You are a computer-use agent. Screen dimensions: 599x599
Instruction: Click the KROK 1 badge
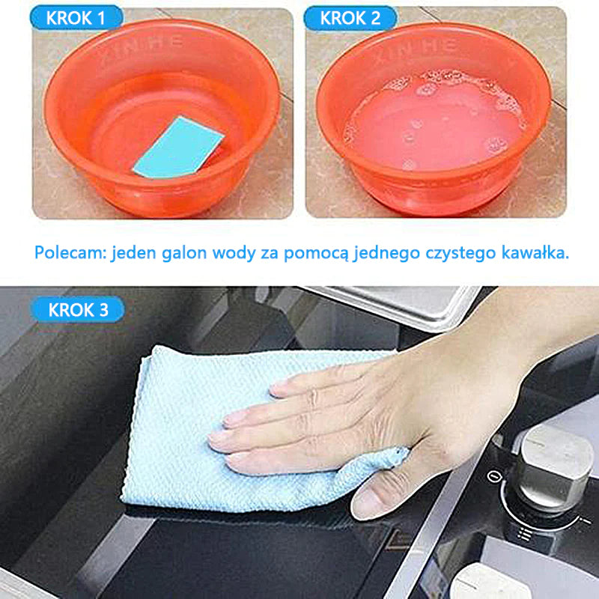tap(76, 17)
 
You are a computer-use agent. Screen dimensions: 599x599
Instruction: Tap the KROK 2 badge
tap(350, 17)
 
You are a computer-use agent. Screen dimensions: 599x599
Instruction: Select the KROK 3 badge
tap(78, 309)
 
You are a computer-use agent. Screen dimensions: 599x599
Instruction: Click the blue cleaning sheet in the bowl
tap(178, 148)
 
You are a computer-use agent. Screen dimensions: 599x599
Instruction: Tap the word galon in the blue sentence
tap(184, 253)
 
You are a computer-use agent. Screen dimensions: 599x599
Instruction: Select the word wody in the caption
tap(234, 253)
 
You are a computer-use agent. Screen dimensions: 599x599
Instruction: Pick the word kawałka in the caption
tap(535, 253)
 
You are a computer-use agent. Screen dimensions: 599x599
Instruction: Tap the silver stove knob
tap(551, 469)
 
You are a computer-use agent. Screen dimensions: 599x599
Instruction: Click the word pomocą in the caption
tap(316, 254)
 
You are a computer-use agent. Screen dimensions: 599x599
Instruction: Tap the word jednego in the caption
tap(387, 254)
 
